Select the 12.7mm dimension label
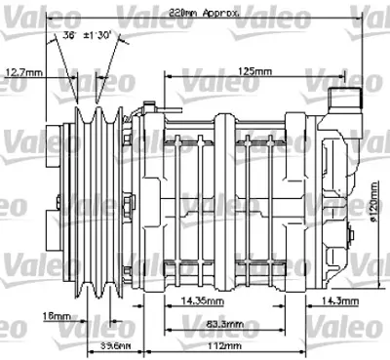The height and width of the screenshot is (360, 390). pos(21,71)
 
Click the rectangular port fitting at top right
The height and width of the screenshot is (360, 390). pos(341,100)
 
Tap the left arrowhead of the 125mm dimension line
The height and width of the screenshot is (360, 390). pos(169,78)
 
